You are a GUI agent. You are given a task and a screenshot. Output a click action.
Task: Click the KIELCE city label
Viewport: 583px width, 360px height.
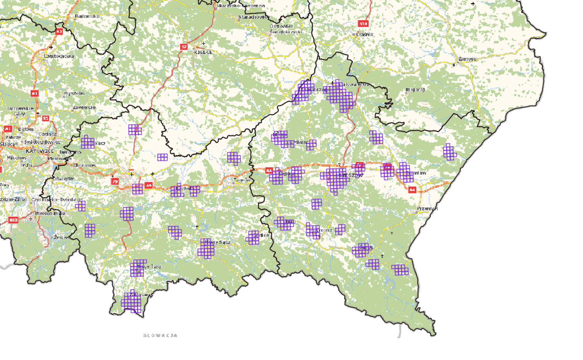click(203, 52)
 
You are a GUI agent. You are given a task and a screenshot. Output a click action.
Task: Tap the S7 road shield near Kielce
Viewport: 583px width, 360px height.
click(184, 47)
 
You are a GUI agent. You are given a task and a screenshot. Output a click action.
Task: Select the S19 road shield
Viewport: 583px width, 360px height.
click(363, 24)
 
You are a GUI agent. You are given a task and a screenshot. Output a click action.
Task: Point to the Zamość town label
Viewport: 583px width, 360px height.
click(467, 59)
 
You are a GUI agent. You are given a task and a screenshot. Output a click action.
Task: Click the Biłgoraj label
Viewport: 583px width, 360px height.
click(415, 90)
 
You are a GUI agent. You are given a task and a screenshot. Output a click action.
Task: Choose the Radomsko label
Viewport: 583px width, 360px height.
click(87, 16)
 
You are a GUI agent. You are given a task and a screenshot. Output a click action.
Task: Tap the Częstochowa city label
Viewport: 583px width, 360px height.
click(59, 56)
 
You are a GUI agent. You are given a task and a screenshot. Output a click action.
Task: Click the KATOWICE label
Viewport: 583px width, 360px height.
click(40, 151)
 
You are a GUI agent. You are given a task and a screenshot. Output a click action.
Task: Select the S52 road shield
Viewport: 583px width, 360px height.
click(14, 220)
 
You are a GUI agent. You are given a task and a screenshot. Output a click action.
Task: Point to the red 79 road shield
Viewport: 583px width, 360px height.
click(115, 181)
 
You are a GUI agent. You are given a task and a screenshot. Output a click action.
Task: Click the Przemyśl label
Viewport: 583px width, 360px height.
click(427, 209)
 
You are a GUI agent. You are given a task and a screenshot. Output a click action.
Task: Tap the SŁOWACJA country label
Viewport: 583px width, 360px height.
click(160, 335)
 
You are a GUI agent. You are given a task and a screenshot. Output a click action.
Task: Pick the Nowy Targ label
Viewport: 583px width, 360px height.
click(149, 267)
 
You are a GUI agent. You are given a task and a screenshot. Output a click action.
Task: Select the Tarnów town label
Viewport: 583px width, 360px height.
click(242, 180)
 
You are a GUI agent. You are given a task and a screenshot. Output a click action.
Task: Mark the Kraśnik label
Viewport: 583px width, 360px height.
click(365, 34)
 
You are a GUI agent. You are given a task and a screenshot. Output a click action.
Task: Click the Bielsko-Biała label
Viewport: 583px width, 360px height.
click(50, 213)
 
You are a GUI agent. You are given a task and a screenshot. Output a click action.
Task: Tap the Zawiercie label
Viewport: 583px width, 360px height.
click(84, 107)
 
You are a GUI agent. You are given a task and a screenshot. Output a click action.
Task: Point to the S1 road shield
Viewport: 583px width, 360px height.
click(46, 118)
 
